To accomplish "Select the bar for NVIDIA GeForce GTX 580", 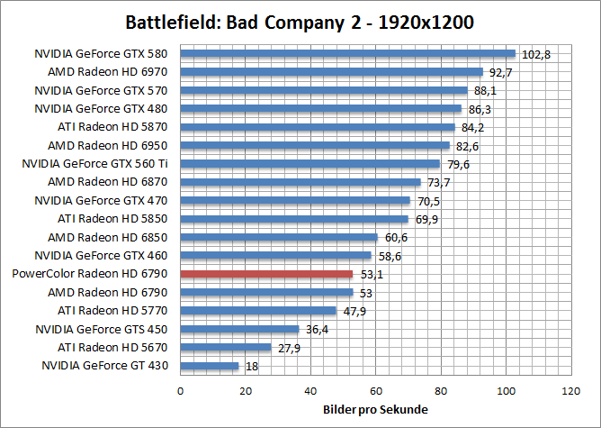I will click(x=348, y=53).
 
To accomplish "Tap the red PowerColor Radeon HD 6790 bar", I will click(x=267, y=274).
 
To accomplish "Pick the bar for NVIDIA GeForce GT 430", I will click(x=210, y=366).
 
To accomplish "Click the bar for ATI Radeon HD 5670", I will click(x=226, y=347).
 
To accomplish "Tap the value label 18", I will click(x=251, y=367).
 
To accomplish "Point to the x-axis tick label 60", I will click(x=375, y=391).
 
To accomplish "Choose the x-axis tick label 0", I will click(x=181, y=391).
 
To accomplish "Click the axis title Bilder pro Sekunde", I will click(x=375, y=410).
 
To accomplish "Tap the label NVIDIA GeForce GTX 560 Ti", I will click(x=101, y=163).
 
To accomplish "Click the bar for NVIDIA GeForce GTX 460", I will click(x=276, y=255).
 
